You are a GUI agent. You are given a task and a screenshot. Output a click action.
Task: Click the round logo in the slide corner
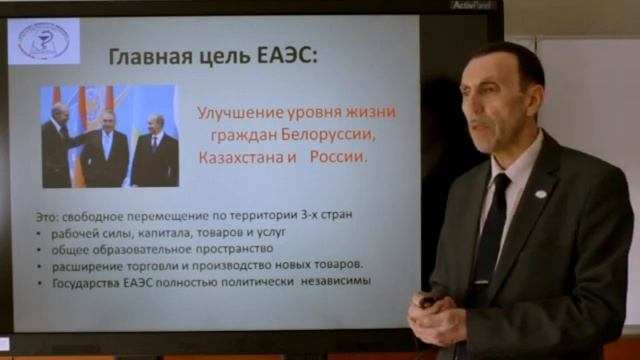[43, 41]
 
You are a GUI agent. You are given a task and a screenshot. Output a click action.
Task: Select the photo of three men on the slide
[110, 136]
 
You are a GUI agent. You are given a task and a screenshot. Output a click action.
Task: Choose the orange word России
[338, 158]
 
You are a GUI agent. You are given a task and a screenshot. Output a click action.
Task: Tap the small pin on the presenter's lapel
[541, 193]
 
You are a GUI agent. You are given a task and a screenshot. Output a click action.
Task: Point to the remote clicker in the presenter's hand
[428, 300]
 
